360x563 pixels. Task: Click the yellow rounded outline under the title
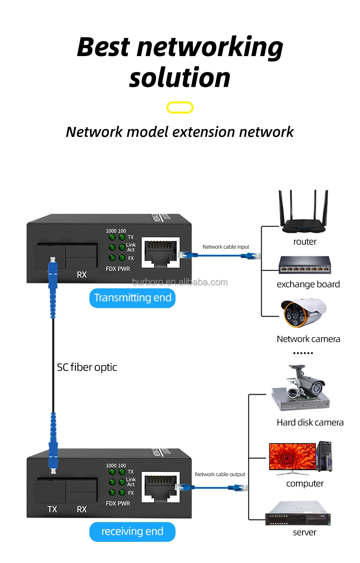coord(180,107)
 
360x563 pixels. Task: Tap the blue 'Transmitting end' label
coord(132,298)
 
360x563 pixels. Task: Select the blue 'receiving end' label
coord(132,532)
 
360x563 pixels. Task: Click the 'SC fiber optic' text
coord(87,367)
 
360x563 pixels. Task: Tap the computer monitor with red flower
coord(292,457)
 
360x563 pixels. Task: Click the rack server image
coord(298,514)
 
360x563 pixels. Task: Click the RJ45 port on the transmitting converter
coord(160,252)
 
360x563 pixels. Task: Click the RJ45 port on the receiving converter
coord(160,487)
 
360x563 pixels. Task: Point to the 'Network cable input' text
coord(226,247)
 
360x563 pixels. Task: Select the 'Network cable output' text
coord(220,474)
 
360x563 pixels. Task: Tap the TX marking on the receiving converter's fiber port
coord(52,509)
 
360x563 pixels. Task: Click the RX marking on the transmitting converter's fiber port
coord(82,275)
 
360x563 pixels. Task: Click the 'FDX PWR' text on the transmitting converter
coord(118,269)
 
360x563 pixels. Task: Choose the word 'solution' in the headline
coord(180,78)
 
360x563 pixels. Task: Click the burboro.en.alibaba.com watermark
coord(180,282)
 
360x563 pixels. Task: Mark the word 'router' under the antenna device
coord(305,242)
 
